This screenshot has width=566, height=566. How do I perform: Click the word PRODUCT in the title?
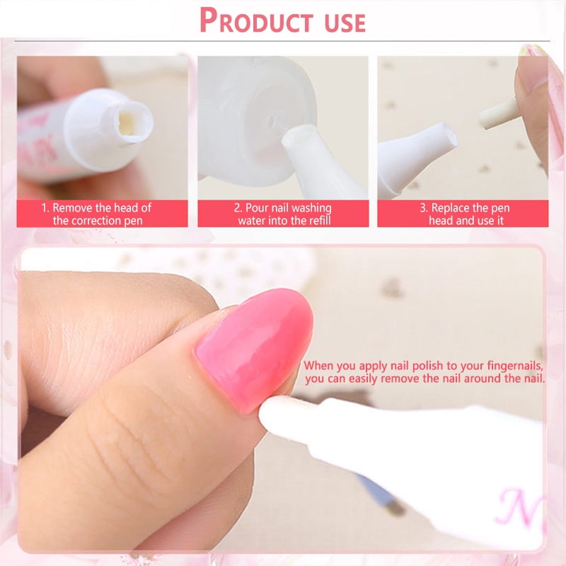(256, 21)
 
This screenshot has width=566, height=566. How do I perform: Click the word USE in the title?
(345, 23)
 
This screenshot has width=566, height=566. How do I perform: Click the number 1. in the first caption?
(45, 208)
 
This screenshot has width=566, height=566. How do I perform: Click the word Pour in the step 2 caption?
(257, 208)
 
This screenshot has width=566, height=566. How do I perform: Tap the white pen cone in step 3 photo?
(415, 157)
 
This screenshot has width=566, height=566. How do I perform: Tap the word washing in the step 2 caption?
(311, 208)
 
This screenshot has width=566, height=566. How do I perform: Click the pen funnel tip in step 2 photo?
(300, 137)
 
